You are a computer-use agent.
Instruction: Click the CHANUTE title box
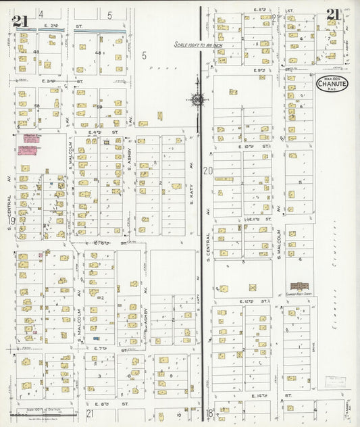[332, 84]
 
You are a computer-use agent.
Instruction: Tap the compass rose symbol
[197, 100]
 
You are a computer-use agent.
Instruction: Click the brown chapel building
[298, 286]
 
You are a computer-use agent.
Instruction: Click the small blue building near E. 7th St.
[96, 338]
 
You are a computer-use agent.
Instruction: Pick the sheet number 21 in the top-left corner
[20, 20]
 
